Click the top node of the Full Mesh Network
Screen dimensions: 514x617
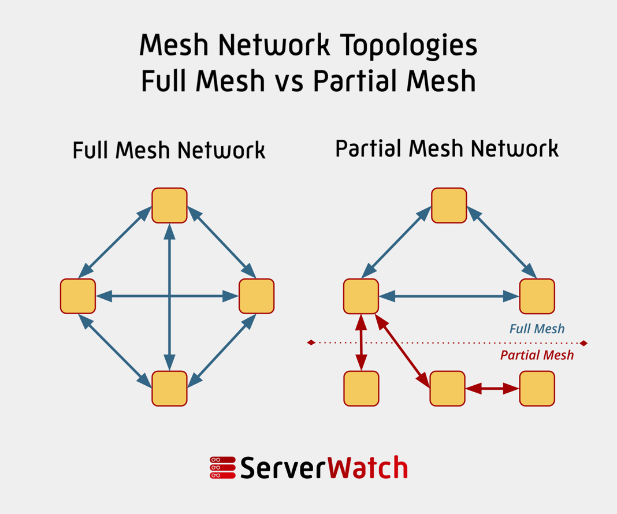169,206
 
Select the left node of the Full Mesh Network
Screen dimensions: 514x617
78,296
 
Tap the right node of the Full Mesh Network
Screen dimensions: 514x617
257,296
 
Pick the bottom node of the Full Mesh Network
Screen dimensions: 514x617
169,388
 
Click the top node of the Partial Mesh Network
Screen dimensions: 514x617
449,206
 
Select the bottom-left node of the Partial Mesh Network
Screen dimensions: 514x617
361,388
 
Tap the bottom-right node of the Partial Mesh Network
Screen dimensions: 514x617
537,388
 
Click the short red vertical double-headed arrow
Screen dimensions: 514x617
361,342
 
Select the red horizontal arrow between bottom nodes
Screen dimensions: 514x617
492,389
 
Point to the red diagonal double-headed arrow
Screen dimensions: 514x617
403,351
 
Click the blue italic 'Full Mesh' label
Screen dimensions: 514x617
537,329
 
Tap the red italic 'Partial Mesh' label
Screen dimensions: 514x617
537,355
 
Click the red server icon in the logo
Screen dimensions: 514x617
222,468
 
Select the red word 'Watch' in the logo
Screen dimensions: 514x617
368,468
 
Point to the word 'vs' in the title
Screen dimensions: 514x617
289,81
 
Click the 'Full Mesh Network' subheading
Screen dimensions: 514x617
169,150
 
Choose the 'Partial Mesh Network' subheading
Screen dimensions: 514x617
447,149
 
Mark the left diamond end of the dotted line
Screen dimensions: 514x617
311,343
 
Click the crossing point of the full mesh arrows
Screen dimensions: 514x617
169,296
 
